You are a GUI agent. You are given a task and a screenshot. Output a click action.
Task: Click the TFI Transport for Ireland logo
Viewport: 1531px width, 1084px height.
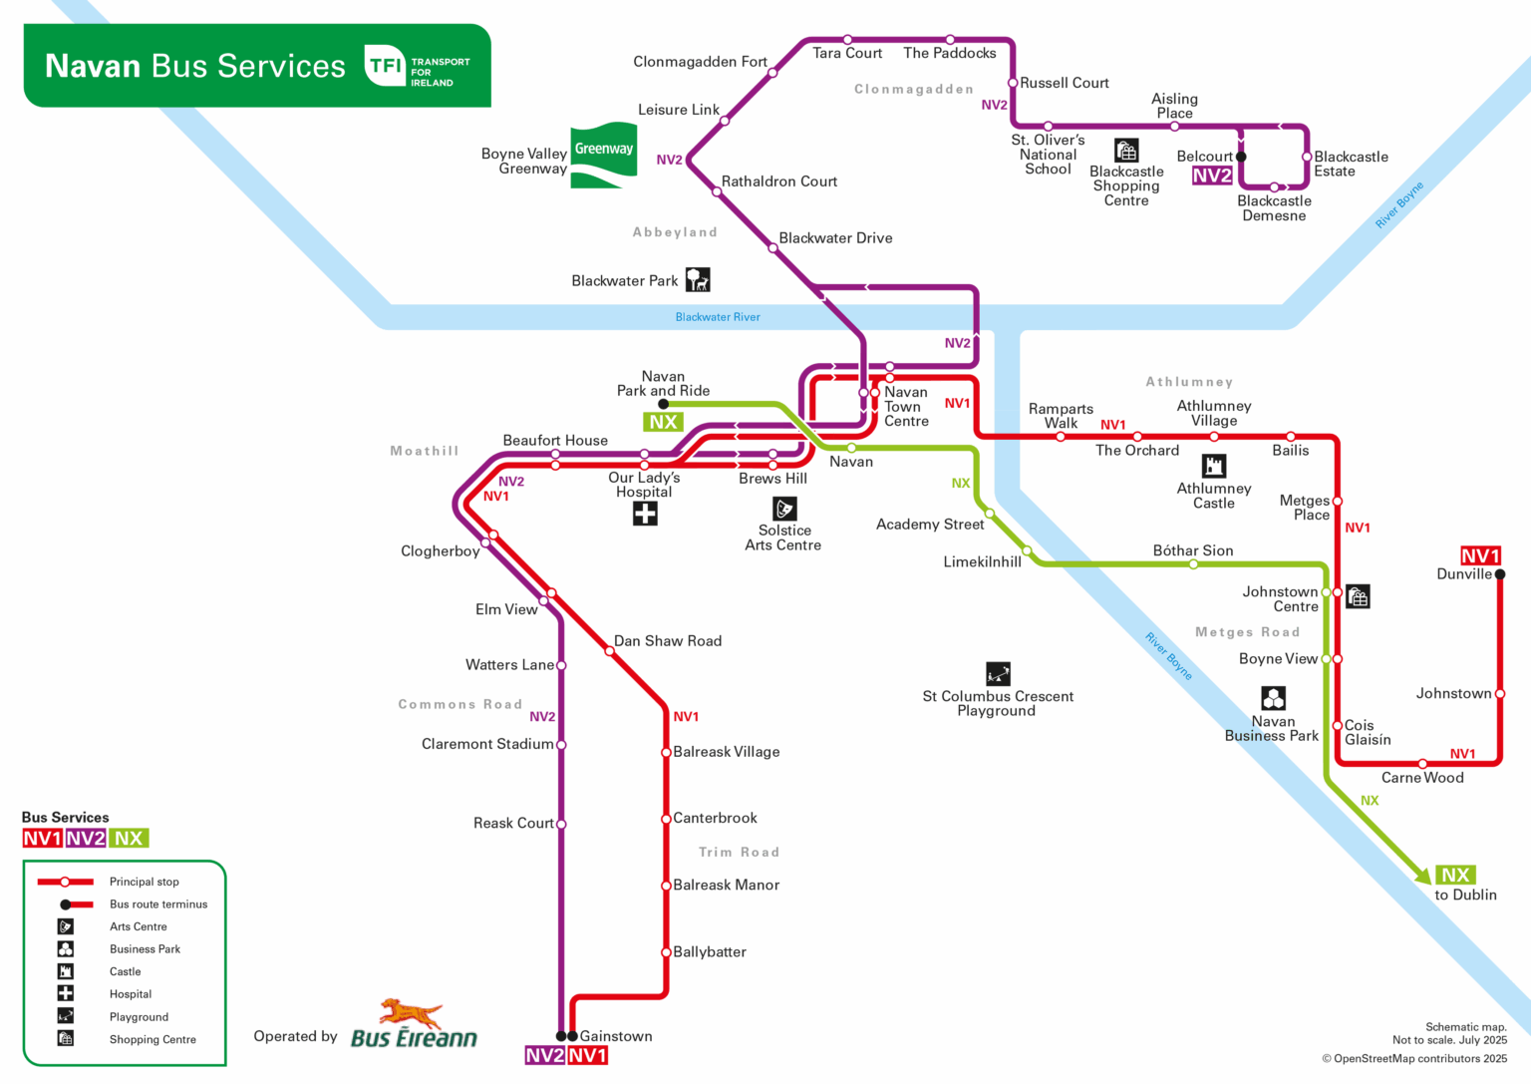coord(417,66)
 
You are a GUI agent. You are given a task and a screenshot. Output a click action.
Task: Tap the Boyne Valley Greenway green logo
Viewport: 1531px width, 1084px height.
coord(603,156)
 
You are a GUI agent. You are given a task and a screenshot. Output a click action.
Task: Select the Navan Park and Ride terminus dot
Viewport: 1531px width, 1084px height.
coord(663,404)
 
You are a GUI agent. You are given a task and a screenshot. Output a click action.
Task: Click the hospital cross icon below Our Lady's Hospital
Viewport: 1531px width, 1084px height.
coord(645,514)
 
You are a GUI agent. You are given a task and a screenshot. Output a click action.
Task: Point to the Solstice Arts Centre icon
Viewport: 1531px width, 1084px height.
coord(784,509)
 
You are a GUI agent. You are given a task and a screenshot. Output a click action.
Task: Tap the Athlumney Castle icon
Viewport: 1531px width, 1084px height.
coord(1213,466)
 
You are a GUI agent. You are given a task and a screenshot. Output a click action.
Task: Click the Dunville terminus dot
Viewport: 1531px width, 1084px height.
coord(1499,574)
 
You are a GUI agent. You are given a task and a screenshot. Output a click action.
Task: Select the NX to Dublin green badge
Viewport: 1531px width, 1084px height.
coord(1455,875)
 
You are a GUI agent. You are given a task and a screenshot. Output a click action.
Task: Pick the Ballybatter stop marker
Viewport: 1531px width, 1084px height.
coord(666,952)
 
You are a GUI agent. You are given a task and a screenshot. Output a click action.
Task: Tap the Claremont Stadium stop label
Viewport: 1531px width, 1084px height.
coord(487,744)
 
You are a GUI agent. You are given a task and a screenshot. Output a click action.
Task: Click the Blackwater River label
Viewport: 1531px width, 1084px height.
coord(718,317)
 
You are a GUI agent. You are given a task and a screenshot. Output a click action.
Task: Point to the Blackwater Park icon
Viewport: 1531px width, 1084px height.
coord(698,279)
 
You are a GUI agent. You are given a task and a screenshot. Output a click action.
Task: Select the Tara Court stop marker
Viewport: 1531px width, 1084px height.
coord(847,40)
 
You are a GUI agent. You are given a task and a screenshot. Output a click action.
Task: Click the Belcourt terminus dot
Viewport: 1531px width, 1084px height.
coord(1241,157)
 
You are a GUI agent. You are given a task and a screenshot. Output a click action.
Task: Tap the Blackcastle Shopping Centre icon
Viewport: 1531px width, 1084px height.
coord(1126,151)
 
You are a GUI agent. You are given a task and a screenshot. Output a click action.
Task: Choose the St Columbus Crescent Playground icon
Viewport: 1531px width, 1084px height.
coord(998,673)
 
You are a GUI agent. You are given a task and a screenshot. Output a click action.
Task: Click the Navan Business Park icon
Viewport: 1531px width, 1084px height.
coord(1273,697)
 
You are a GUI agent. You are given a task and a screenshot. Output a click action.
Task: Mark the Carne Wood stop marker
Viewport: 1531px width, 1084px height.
coord(1422,764)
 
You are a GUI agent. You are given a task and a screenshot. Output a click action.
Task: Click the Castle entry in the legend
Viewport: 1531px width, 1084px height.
coord(125,971)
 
